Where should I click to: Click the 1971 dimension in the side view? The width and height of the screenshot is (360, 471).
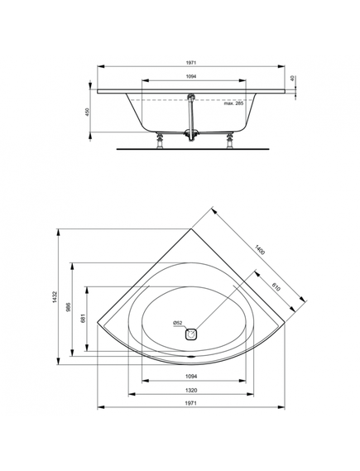tap(190, 62)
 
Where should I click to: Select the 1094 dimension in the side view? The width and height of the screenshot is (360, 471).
tap(190, 77)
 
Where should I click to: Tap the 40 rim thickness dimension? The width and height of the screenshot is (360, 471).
tap(293, 79)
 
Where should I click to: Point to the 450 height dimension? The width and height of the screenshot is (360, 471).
tap(88, 112)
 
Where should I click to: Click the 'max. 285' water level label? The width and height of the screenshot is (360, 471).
tap(234, 103)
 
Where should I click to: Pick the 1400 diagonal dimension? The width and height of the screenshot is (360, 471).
tap(259, 250)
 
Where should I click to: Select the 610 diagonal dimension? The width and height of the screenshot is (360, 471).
tap(276, 286)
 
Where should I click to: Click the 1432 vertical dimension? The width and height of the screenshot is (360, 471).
tap(55, 297)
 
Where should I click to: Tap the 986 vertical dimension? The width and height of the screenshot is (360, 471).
tap(68, 307)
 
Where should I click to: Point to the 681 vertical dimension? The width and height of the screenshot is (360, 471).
tap(83, 318)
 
